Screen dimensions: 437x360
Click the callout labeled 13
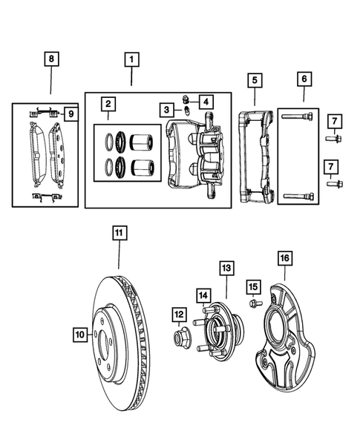click(x=226, y=268)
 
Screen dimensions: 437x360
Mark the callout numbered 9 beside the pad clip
click(x=70, y=114)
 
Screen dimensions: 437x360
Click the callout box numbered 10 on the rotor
click(x=81, y=335)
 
